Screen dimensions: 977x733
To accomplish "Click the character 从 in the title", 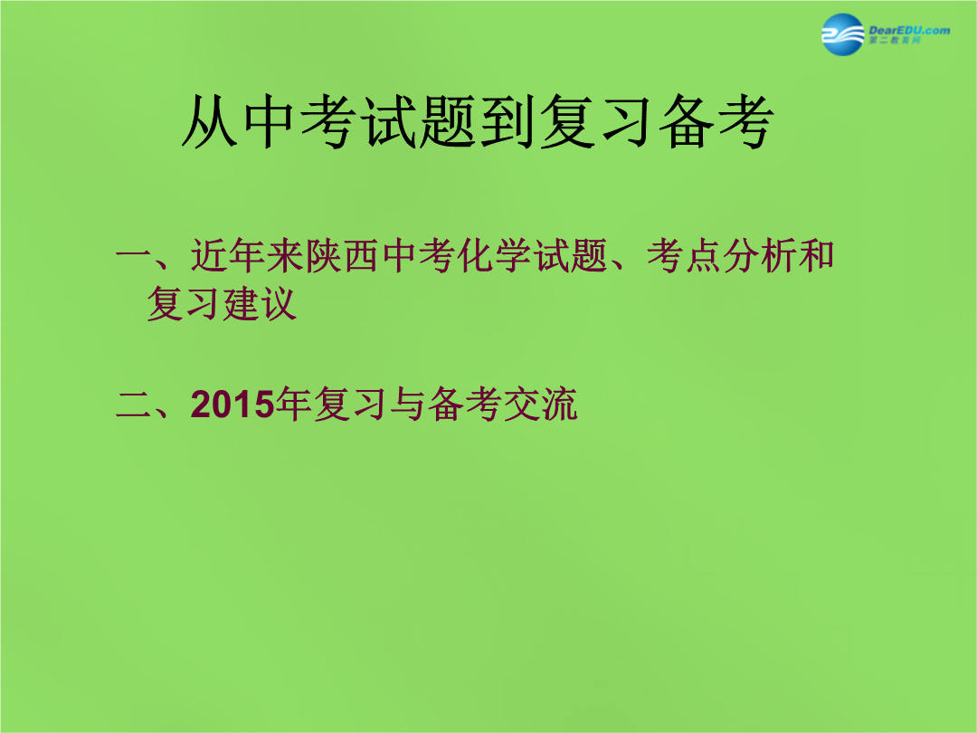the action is coord(210,121).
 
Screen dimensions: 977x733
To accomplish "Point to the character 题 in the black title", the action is coord(448,121).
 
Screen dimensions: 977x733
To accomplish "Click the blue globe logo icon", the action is coord(842,34).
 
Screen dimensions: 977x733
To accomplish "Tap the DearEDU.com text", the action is coord(909,30).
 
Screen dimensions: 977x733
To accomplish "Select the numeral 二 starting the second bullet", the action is coord(134,405).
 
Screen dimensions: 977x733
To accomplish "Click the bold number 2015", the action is coord(232,404).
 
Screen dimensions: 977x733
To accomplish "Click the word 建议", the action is coord(260,303).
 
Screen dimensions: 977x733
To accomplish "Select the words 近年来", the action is coord(247,255).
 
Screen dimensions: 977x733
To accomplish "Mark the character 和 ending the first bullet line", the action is coord(816,255).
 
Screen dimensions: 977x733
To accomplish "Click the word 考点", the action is coord(684,255).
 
